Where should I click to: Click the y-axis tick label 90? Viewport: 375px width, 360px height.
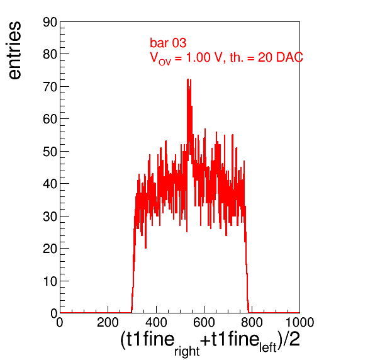tap(50, 23)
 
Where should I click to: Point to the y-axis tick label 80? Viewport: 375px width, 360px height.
tap(50, 55)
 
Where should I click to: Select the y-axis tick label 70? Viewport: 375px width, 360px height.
tap(50, 87)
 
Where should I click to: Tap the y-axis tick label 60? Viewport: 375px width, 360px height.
tap(50, 119)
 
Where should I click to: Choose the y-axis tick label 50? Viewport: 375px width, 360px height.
tap(50, 152)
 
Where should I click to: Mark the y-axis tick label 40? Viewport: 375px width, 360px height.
tap(50, 184)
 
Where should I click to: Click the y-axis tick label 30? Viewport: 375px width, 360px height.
tap(50, 217)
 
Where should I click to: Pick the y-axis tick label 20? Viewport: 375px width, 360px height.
tap(50, 249)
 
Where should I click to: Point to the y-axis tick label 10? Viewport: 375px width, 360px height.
tap(50, 281)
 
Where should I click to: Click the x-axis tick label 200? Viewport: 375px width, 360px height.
tap(108, 322)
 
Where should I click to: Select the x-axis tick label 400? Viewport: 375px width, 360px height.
tap(156, 322)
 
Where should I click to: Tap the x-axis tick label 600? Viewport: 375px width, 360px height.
tap(204, 322)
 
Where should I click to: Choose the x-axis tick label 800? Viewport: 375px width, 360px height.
tap(252, 322)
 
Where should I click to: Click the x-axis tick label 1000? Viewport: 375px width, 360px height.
tap(299, 322)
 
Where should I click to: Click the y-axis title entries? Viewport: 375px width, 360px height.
tap(15, 50)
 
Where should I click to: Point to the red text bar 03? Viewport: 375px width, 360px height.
tap(168, 43)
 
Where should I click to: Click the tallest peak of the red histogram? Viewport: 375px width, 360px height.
tap(188, 79)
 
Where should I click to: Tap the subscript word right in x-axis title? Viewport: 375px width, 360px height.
tap(187, 351)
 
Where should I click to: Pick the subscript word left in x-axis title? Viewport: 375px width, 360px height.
tap(268, 347)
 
